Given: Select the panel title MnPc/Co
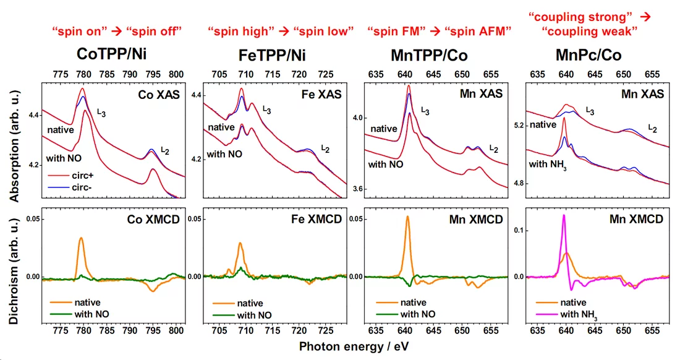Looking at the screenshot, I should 597,54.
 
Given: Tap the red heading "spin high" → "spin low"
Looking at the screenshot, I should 281,30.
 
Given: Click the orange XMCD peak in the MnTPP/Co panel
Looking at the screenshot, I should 408,217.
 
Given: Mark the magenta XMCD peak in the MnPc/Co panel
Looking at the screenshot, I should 564,216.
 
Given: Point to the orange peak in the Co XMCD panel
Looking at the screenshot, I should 81,238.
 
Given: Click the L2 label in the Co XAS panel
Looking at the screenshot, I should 165,150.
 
